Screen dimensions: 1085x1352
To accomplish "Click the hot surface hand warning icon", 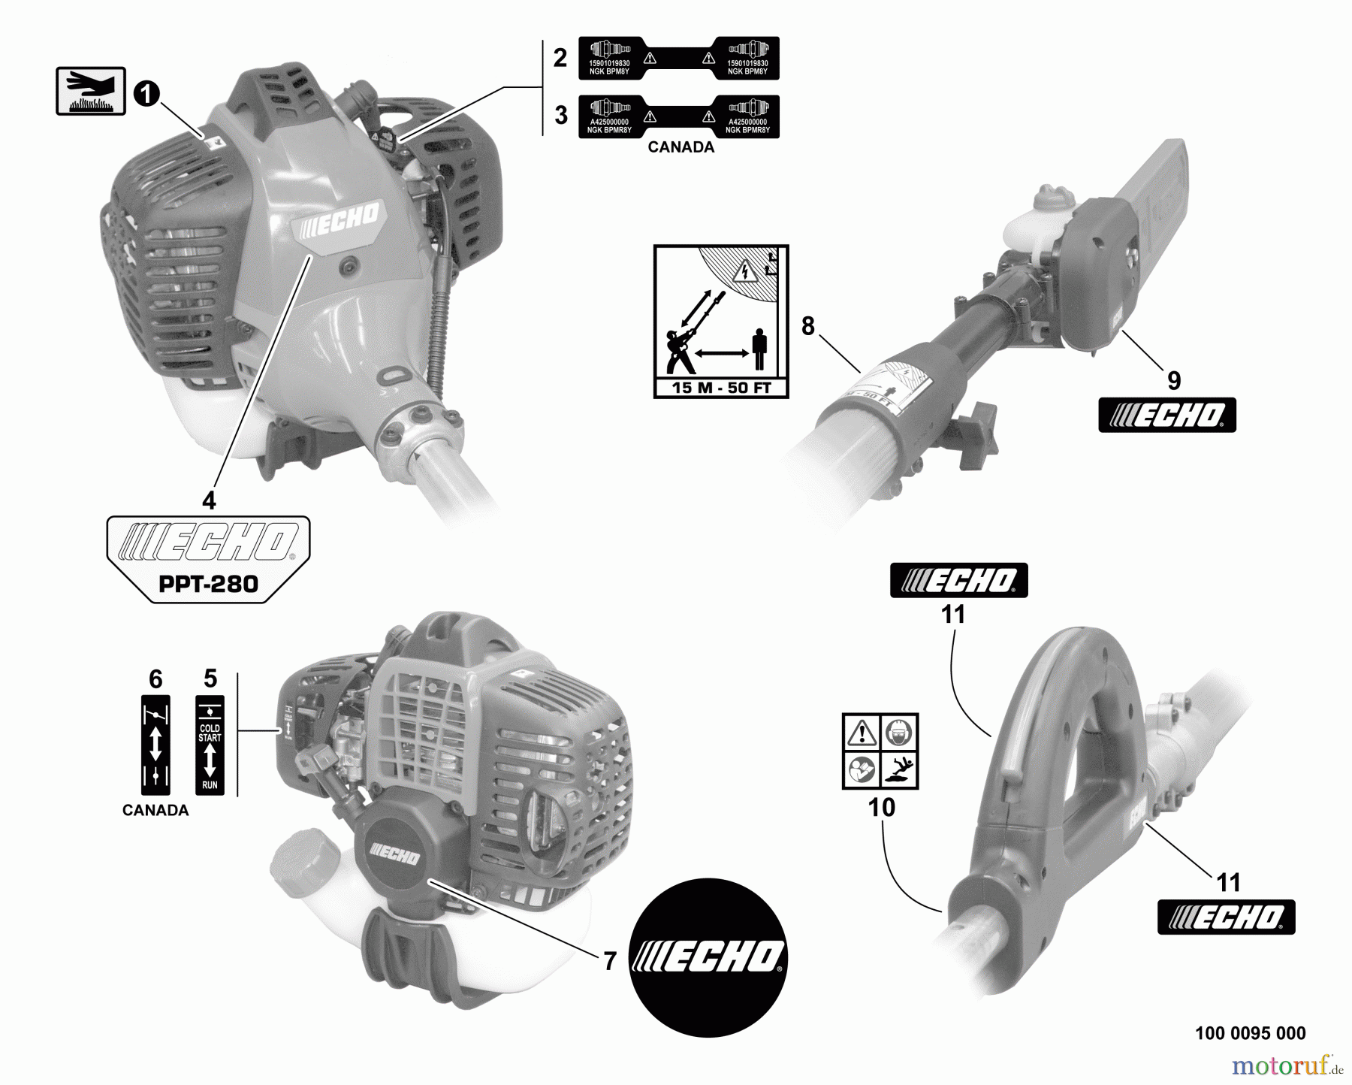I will click(90, 91).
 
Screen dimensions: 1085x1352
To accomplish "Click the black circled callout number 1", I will click(146, 95).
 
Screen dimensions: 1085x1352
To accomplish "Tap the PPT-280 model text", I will click(209, 584).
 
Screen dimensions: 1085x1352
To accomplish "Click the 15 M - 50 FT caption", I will click(720, 388).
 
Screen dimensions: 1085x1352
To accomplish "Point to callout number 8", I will click(807, 326).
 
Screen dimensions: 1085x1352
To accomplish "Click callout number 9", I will click(1173, 381).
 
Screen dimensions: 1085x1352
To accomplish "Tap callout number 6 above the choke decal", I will click(155, 679).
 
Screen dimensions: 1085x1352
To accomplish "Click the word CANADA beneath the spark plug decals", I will click(681, 147).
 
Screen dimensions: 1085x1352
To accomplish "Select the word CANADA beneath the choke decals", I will click(155, 811).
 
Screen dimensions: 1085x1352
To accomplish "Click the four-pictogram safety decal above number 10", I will click(880, 751).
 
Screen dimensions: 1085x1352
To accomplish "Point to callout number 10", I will click(881, 808).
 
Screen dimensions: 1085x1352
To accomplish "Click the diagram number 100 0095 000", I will click(1250, 1034).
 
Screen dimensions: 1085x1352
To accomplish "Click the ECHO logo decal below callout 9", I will click(1166, 416).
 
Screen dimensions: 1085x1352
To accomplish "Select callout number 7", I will click(610, 961).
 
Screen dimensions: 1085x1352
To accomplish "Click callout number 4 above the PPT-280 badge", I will click(209, 500).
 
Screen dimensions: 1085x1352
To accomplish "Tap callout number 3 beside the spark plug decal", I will click(561, 116).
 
